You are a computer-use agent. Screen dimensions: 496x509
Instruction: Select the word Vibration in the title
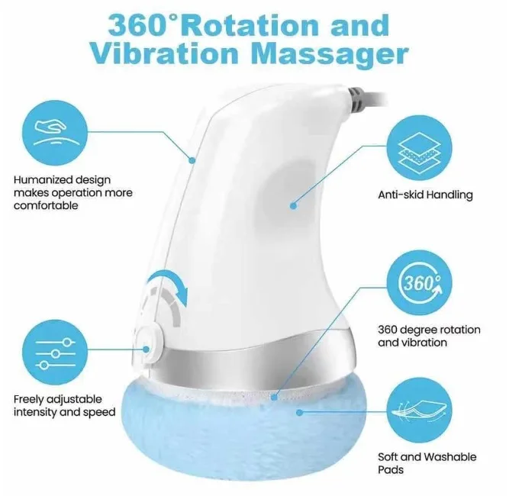tap(156, 55)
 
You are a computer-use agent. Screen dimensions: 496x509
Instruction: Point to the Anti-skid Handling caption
tap(425, 195)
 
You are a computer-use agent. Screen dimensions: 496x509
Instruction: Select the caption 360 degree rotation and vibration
tap(429, 336)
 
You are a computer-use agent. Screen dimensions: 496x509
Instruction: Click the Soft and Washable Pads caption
tap(427, 463)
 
